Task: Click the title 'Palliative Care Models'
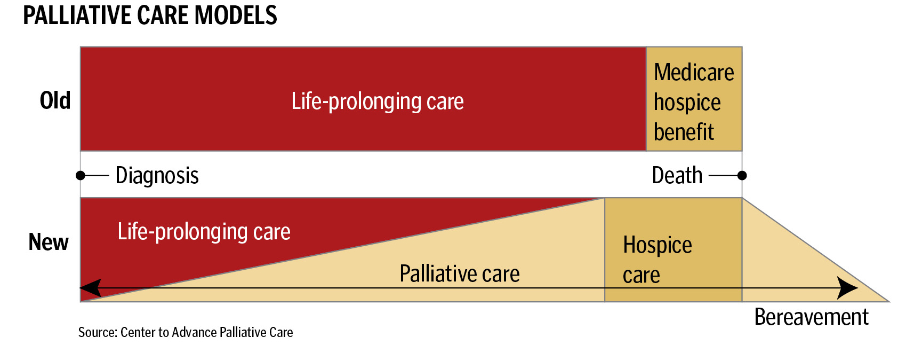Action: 150,15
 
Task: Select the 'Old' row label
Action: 55,100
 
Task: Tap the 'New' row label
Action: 49,242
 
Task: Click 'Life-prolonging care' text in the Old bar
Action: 378,101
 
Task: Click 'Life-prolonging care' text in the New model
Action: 204,232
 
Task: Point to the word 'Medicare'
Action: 694,72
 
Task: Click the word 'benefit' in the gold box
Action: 684,132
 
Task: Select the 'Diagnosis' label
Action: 157,176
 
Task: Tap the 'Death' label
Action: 677,176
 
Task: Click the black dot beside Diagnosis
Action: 81,176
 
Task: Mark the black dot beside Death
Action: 742,176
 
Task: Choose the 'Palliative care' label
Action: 460,274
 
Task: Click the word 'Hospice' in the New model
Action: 658,246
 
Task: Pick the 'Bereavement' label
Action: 811,317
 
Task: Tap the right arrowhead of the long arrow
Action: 847,288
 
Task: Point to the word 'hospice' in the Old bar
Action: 687,103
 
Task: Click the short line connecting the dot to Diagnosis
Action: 97,176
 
